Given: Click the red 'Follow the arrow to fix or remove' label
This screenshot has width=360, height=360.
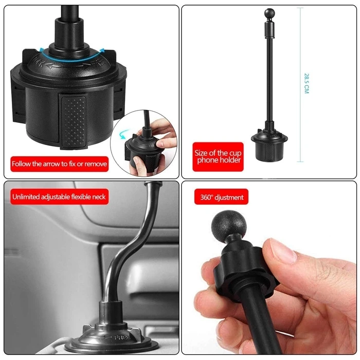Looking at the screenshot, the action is [60, 164].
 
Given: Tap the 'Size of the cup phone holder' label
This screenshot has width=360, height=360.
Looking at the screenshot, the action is [218, 156].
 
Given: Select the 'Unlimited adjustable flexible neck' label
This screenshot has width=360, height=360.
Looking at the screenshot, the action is [59, 197].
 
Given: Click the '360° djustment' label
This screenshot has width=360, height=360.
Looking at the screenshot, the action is [221, 197].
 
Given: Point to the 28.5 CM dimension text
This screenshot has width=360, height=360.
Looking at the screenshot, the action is [307, 83].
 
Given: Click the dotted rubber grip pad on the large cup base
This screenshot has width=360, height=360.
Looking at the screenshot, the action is [74, 122].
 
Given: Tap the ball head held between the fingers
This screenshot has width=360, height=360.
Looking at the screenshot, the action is [229, 224].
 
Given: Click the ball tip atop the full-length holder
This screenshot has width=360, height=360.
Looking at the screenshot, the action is [269, 12].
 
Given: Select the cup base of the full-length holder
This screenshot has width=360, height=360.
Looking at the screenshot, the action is [269, 145].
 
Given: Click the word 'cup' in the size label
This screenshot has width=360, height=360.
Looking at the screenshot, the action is [235, 153].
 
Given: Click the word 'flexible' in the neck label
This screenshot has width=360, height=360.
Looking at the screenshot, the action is [81, 197].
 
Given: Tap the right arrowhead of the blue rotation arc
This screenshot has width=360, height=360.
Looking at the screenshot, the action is [102, 51].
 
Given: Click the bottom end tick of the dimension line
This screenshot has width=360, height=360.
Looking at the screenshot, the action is [300, 162].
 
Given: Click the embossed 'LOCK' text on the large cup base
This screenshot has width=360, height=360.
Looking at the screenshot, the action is [38, 62].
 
